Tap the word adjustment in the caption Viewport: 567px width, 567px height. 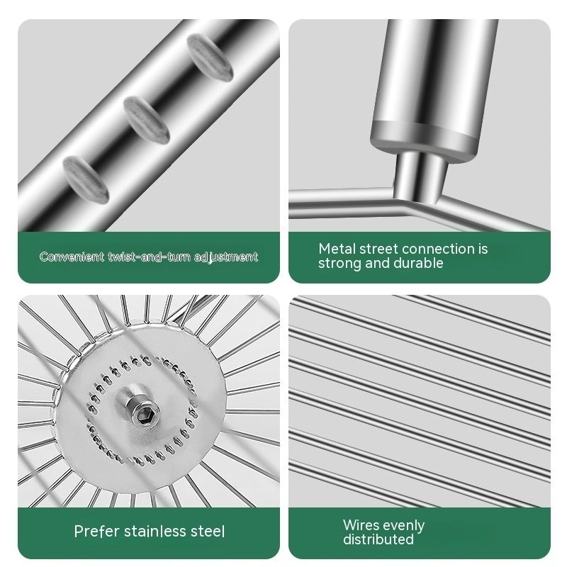[226, 257]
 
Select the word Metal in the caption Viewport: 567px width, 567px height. [332, 249]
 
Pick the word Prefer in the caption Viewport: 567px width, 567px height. [96, 531]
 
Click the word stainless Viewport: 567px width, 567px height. [155, 531]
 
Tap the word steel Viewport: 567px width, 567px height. [208, 531]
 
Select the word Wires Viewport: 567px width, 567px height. [361, 524]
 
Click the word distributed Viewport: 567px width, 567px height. [378, 539]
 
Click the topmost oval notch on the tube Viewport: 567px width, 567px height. [210, 56]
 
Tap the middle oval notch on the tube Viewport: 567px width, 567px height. [147, 120]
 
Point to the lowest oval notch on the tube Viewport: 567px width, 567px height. [86, 179]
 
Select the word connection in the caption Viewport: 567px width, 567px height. [438, 249]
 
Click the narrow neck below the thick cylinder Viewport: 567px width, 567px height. [420, 176]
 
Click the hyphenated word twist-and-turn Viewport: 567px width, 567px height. [149, 257]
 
